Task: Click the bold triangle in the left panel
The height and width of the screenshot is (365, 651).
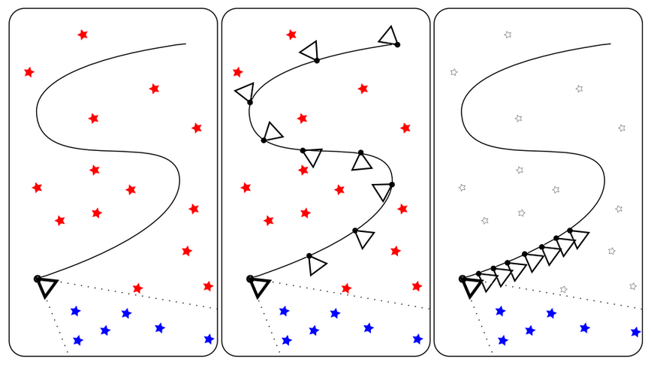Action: pyautogui.click(x=47, y=288)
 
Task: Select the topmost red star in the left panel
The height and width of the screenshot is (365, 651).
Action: pyautogui.click(x=83, y=35)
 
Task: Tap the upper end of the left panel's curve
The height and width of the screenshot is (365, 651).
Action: pyautogui.click(x=185, y=44)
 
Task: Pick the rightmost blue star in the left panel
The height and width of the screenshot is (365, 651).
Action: pyautogui.click(x=209, y=339)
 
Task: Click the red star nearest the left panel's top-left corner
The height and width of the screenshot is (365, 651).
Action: pyautogui.click(x=29, y=72)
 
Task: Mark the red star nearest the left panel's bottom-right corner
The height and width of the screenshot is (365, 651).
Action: pyautogui.click(x=208, y=286)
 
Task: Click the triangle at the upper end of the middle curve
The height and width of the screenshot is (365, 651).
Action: pyautogui.click(x=388, y=35)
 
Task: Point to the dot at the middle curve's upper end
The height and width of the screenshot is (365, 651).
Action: pyautogui.click(x=397, y=45)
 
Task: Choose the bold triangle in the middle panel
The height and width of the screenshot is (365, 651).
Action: pyautogui.click(x=259, y=288)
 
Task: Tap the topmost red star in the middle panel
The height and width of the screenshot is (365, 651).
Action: pyautogui.click(x=291, y=35)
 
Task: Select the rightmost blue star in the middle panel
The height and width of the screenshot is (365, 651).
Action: pyautogui.click(x=417, y=339)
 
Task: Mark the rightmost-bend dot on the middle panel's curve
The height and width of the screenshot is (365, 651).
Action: pyautogui.click(x=391, y=184)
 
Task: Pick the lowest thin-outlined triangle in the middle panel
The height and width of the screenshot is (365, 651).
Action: pyautogui.click(x=317, y=265)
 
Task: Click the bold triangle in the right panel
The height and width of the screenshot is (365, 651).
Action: pyautogui.click(x=472, y=288)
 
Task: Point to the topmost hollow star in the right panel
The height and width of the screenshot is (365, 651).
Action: pyautogui.click(x=508, y=35)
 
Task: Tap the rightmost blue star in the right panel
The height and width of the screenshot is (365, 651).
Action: pyautogui.click(x=635, y=331)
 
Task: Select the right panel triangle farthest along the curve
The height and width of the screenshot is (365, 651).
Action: pyautogui.click(x=579, y=239)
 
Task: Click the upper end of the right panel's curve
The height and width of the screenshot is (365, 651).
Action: pyautogui.click(x=610, y=44)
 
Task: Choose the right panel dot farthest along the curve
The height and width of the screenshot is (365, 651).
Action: pyautogui.click(x=570, y=230)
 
